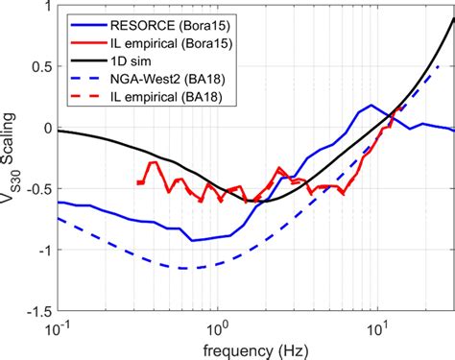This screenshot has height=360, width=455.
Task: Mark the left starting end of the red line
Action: coord(138,182)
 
